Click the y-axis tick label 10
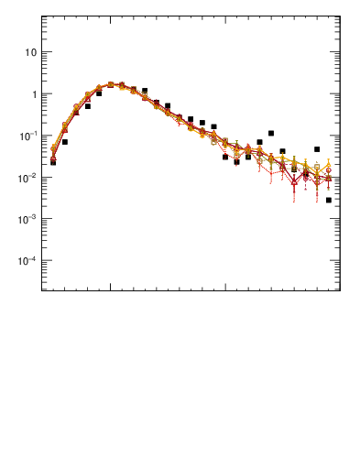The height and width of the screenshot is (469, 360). (x=30, y=52)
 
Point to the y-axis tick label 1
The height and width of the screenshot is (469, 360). (x=33, y=94)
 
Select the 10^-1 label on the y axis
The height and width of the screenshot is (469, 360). (x=27, y=136)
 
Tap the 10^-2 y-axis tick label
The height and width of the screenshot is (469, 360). (x=27, y=178)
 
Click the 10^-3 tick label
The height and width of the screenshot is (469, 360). (x=27, y=219)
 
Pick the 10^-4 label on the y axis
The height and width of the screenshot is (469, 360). (x=27, y=261)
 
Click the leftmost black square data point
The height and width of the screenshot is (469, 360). (x=53, y=162)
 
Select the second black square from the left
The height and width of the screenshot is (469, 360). (x=64, y=142)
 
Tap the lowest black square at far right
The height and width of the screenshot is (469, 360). (x=328, y=200)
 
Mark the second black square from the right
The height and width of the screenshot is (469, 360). (x=317, y=149)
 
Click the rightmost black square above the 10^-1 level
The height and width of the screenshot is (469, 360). (x=271, y=133)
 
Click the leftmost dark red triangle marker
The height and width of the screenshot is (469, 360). (x=53, y=158)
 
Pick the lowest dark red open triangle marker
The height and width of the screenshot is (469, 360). (x=294, y=181)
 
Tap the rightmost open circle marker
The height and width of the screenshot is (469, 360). (x=328, y=170)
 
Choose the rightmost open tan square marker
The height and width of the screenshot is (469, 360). (x=317, y=168)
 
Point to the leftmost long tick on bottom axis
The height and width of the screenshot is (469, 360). (x=110, y=287)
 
